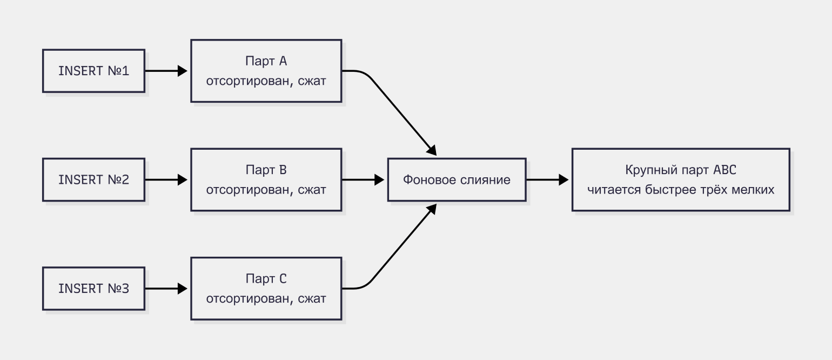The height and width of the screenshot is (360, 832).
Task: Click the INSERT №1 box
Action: tap(93, 71)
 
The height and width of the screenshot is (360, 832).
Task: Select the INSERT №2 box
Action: tap(93, 180)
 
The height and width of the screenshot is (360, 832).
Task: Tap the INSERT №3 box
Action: tap(93, 289)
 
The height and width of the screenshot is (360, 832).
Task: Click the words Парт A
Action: tap(266, 61)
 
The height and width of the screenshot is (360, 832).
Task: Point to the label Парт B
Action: tap(266, 170)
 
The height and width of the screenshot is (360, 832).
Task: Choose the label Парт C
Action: tap(266, 278)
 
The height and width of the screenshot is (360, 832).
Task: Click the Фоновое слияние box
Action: tap(457, 180)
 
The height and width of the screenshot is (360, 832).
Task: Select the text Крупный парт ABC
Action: tap(681, 170)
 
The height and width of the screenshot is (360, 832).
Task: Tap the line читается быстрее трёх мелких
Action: tap(681, 190)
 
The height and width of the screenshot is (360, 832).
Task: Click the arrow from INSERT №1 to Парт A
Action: tap(166, 71)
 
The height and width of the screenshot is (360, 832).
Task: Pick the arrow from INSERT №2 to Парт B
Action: tap(166, 180)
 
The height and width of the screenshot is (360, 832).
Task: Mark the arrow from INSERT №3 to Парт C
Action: tap(166, 289)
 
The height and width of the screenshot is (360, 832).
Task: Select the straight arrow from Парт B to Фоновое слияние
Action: tap(363, 180)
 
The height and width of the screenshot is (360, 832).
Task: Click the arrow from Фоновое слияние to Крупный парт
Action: tap(547, 180)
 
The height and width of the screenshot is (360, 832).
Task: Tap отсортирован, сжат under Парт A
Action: tap(266, 81)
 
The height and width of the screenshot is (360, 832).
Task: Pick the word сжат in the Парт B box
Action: tap(312, 190)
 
